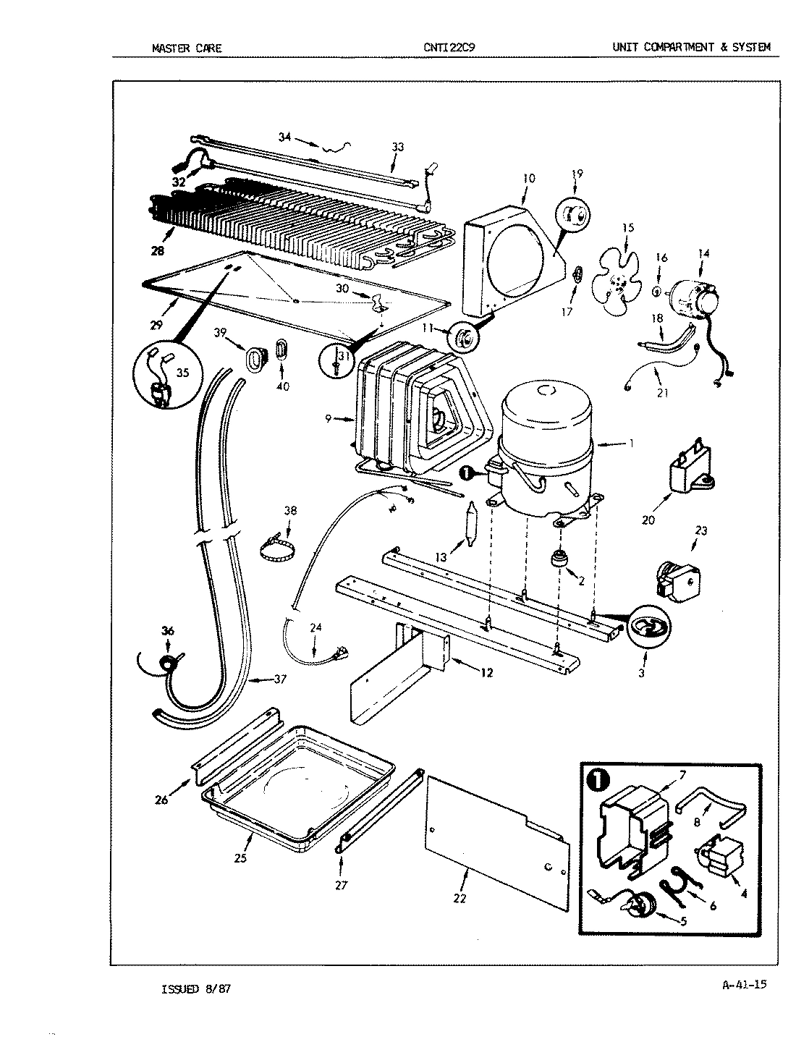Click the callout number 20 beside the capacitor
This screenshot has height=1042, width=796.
[648, 520]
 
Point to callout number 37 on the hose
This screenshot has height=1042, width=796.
[279, 679]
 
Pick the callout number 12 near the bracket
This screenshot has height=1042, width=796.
[486, 673]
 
